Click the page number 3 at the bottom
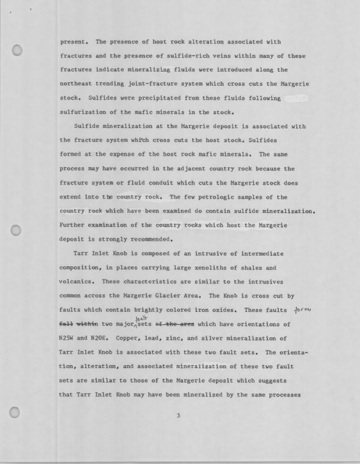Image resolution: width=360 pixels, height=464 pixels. (x=178, y=415)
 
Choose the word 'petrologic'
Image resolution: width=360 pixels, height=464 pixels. (x=224, y=197)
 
